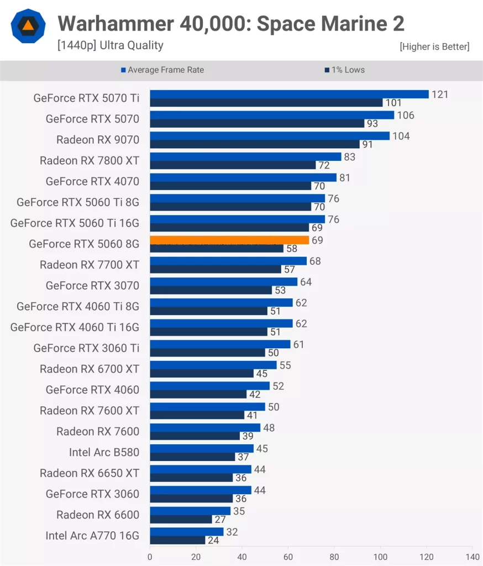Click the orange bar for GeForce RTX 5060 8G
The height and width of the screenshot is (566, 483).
pyautogui.click(x=229, y=240)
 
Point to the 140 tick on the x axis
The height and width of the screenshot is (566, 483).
pyautogui.click(x=473, y=557)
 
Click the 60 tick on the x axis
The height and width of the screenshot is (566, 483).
pyautogui.click(x=288, y=557)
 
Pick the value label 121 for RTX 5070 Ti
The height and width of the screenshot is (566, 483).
pyautogui.click(x=440, y=95)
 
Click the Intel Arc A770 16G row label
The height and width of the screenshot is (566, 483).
pyautogui.click(x=93, y=535)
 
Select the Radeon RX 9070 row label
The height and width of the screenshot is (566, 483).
pyautogui.click(x=98, y=139)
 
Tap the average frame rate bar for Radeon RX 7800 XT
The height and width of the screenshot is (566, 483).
pyautogui.click(x=245, y=156)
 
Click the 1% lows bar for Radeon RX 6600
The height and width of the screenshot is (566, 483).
pyautogui.click(x=181, y=520)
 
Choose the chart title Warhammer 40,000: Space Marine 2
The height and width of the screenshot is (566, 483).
pyautogui.click(x=231, y=24)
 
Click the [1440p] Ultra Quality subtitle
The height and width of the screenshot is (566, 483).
pyautogui.click(x=111, y=46)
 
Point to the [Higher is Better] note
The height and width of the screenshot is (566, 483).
pyautogui.click(x=434, y=47)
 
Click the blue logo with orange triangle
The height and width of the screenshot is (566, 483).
pyautogui.click(x=28, y=26)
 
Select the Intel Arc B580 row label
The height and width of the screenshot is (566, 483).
pyautogui.click(x=104, y=452)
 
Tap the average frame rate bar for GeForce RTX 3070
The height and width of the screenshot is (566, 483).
pyautogui.click(x=223, y=281)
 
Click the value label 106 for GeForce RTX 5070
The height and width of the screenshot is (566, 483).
pyautogui.click(x=405, y=115)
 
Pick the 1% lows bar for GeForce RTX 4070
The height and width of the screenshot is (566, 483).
pyautogui.click(x=230, y=186)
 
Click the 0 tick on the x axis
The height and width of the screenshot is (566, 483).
pyautogui.click(x=150, y=557)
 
